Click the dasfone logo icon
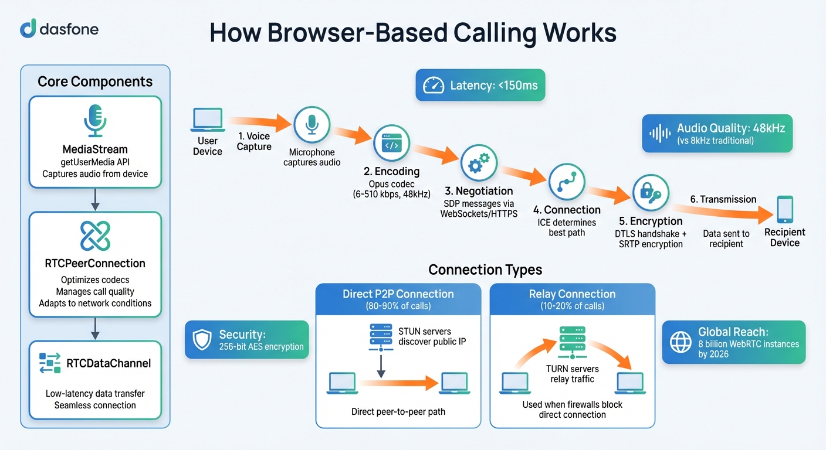[x=28, y=28]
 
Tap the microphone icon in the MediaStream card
[x=94, y=121]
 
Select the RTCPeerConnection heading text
[x=95, y=263]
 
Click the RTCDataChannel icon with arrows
[x=50, y=363]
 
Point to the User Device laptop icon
[x=207, y=120]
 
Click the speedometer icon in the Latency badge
[x=435, y=86]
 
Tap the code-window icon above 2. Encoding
[x=391, y=144]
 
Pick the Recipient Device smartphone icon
[x=784, y=210]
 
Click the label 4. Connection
[x=566, y=210]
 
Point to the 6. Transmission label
[x=723, y=199]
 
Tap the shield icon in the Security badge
[x=202, y=340]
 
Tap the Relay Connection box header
[x=572, y=299]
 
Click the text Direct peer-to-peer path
[x=398, y=411]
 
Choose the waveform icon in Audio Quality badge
[x=659, y=133]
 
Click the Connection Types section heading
[x=485, y=270]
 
